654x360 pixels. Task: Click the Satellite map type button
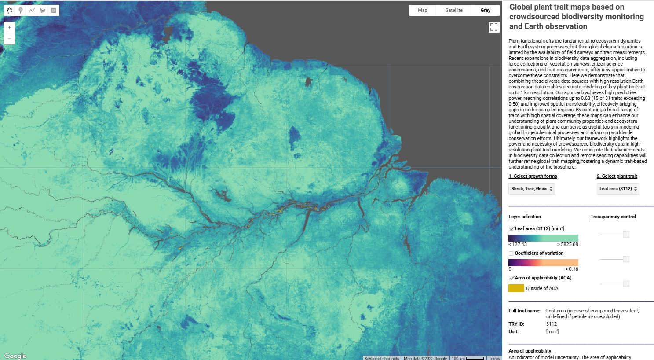click(x=454, y=10)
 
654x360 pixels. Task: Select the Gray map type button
click(x=485, y=10)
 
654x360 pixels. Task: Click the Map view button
click(x=422, y=10)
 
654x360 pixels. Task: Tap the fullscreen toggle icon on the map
click(x=494, y=27)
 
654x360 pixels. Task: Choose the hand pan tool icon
click(x=10, y=10)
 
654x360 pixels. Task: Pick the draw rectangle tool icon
click(x=54, y=10)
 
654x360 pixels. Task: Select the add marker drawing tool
click(x=21, y=10)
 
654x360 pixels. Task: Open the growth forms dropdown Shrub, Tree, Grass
click(x=531, y=189)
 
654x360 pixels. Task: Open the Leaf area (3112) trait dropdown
click(x=618, y=189)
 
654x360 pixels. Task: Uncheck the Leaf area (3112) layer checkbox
click(x=512, y=229)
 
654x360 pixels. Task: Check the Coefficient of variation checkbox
click(x=511, y=253)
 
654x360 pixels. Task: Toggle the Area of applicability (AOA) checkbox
click(x=512, y=278)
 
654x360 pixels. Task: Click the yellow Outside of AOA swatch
click(x=516, y=288)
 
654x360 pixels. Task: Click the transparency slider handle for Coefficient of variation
click(x=626, y=259)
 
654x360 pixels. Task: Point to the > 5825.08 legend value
click(x=567, y=244)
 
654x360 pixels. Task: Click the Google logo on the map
click(x=15, y=356)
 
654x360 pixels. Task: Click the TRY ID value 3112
click(x=552, y=324)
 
